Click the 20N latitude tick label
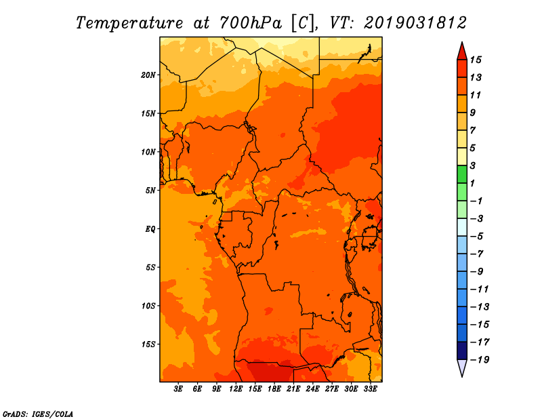[148, 75]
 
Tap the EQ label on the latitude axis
[150, 228]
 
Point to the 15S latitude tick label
[148, 344]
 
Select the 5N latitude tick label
[150, 191]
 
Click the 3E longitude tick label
[178, 388]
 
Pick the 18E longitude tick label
[274, 388]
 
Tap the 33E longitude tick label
[370, 388]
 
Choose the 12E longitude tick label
[236, 388]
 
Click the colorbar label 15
[476, 60]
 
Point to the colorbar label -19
[480, 359]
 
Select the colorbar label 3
[473, 165]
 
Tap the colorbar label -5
[476, 237]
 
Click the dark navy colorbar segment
[462, 351]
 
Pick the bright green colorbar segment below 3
[462, 174]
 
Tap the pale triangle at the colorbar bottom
[462, 367]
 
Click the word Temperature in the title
[129, 23]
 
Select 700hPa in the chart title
[251, 23]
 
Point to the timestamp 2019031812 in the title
[415, 23]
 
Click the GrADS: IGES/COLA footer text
[38, 414]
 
